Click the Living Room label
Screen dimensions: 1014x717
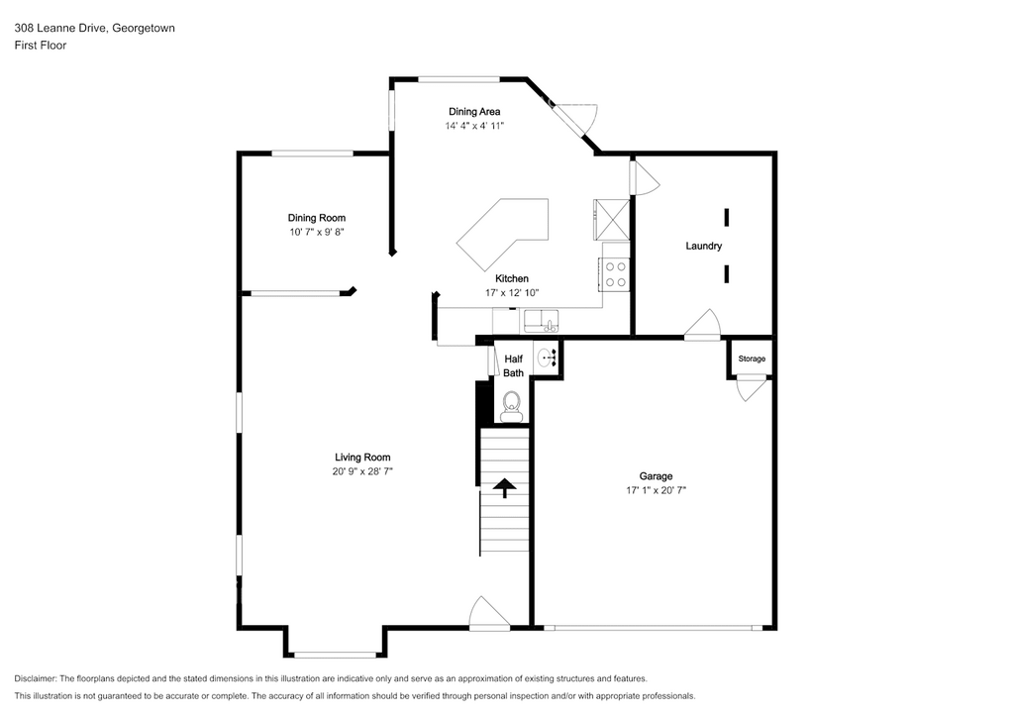pyautogui.click(x=362, y=458)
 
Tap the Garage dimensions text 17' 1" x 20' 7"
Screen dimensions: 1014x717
pyautogui.click(x=656, y=490)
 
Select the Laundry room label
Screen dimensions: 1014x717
pyautogui.click(x=704, y=246)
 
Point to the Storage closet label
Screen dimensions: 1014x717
pyautogui.click(x=752, y=358)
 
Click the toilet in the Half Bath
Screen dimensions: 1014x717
pyautogui.click(x=512, y=407)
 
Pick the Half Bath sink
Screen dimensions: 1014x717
pyautogui.click(x=546, y=357)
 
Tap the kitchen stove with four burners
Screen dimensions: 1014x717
pyautogui.click(x=614, y=274)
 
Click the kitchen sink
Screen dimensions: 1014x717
pyautogui.click(x=542, y=321)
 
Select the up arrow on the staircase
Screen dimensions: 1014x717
pyautogui.click(x=504, y=487)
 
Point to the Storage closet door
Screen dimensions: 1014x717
pyautogui.click(x=751, y=388)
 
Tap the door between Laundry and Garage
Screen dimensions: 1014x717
pyautogui.click(x=703, y=325)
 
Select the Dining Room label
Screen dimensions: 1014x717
pyautogui.click(x=317, y=218)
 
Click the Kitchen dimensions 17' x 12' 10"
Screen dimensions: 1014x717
pyautogui.click(x=512, y=293)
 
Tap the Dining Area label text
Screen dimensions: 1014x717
pyautogui.click(x=474, y=111)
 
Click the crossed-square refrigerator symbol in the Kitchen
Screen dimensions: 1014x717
pyautogui.click(x=611, y=220)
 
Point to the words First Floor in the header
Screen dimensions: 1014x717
pyautogui.click(x=40, y=46)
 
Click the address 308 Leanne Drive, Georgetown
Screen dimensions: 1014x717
pyautogui.click(x=94, y=28)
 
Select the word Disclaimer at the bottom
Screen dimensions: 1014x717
pyautogui.click(x=35, y=678)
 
